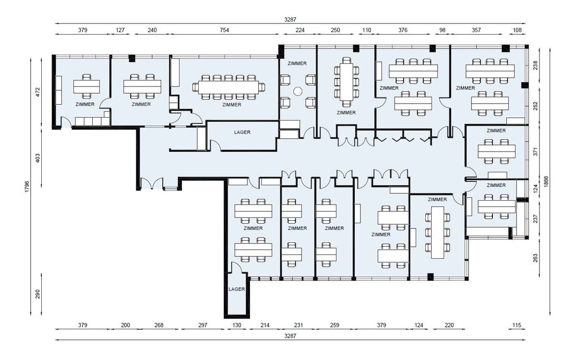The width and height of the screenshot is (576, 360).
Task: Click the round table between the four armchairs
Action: (298, 91)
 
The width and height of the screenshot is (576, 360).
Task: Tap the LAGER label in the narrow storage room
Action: (237, 289)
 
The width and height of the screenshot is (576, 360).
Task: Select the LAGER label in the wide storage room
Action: (242, 132)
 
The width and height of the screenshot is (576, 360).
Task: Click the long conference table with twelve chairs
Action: (228, 87)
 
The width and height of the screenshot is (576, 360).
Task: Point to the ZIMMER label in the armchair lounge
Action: (297, 63)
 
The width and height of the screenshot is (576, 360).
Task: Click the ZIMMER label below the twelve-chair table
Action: (232, 105)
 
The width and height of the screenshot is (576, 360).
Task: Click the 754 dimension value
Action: (224, 30)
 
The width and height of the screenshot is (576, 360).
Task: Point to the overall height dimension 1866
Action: (546, 181)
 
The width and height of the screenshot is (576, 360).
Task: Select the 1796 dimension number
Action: (27, 187)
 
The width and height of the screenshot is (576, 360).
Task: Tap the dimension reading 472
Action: (38, 92)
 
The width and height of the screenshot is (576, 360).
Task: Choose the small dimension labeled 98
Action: (442, 30)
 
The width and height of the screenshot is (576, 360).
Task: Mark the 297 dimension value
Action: (203, 325)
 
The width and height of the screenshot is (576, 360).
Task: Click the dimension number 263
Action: (535, 258)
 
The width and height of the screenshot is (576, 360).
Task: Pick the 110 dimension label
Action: (366, 30)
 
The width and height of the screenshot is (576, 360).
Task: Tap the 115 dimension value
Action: (516, 325)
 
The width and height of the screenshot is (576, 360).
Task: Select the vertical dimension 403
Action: (38, 158)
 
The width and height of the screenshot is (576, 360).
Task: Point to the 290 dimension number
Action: (38, 294)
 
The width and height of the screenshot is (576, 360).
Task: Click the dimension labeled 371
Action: (535, 152)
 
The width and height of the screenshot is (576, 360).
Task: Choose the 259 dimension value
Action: (335, 325)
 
